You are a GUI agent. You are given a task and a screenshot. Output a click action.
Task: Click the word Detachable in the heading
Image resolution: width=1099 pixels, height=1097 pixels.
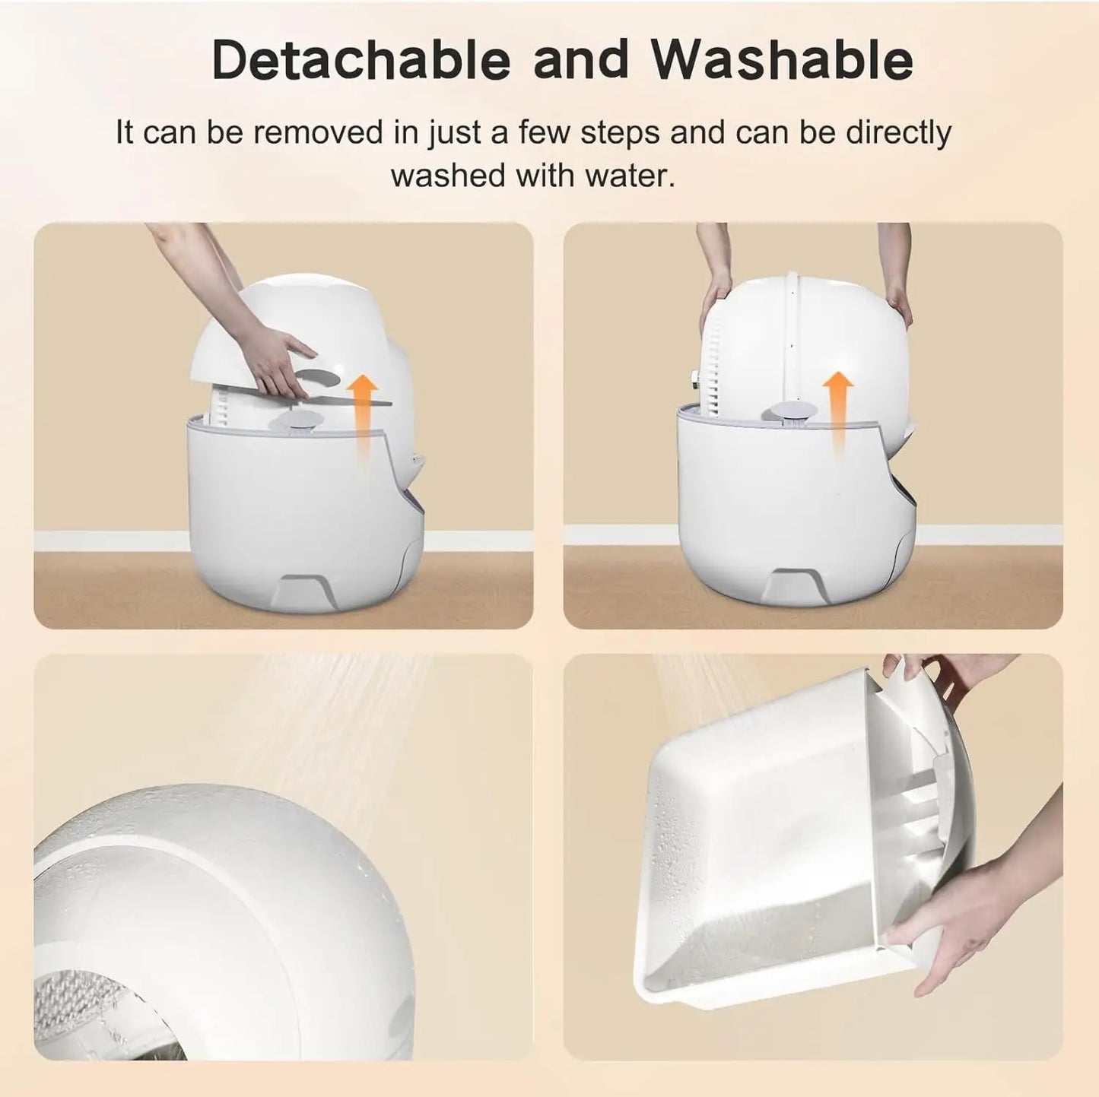pyautogui.click(x=360, y=59)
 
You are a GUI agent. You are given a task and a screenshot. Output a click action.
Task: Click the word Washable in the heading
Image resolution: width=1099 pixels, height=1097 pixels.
pyautogui.click(x=782, y=59)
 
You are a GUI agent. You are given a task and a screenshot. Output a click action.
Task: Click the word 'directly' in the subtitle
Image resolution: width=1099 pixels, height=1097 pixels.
pyautogui.click(x=898, y=133)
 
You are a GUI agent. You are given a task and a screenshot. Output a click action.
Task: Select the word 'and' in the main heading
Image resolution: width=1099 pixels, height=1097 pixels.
pyautogui.click(x=581, y=59)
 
